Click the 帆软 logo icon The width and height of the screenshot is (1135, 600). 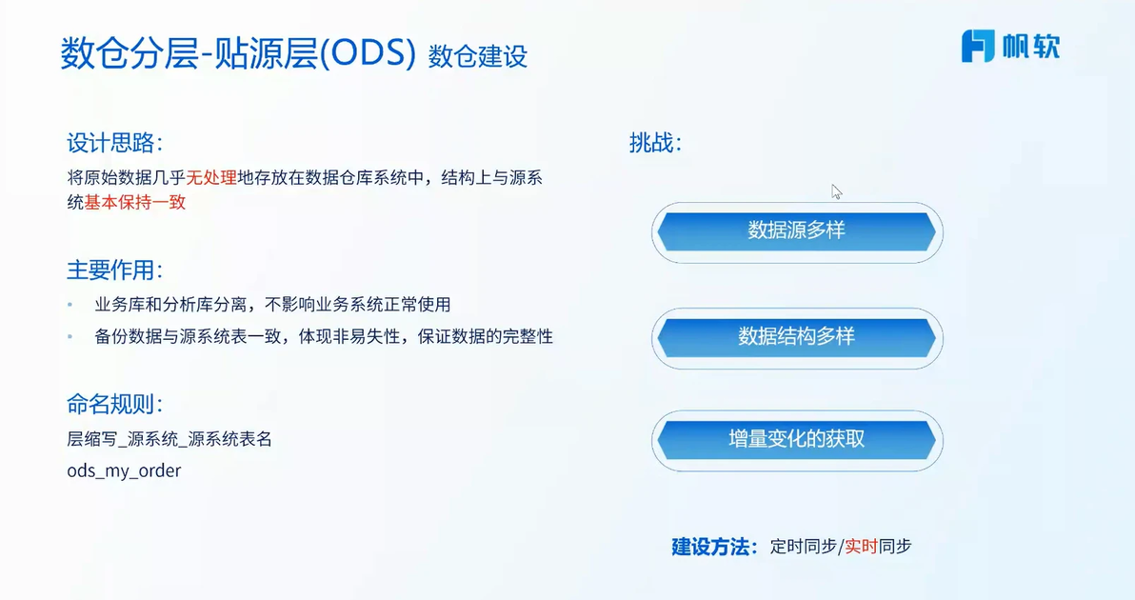click(977, 46)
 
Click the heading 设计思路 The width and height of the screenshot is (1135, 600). click(115, 143)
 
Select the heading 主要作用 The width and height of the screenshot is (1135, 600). click(115, 270)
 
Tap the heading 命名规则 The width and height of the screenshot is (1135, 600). click(115, 404)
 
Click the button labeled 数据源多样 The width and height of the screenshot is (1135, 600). click(796, 231)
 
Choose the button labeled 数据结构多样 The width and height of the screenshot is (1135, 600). click(796, 337)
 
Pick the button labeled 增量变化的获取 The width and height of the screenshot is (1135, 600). click(796, 439)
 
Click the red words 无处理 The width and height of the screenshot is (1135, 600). click(211, 178)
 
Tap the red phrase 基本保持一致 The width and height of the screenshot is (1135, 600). click(135, 203)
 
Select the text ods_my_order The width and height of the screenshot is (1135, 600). click(124, 471)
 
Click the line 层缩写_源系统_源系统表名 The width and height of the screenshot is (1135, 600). click(169, 439)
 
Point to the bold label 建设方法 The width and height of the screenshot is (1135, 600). click(714, 547)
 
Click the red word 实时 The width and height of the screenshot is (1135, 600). click(862, 547)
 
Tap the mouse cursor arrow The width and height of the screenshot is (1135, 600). click(836, 191)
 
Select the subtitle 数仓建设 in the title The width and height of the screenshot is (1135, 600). click(478, 56)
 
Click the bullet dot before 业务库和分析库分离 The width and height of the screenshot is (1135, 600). click(70, 305)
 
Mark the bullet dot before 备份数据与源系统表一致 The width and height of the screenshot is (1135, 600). click(70, 336)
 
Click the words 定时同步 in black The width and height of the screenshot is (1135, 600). click(804, 547)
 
